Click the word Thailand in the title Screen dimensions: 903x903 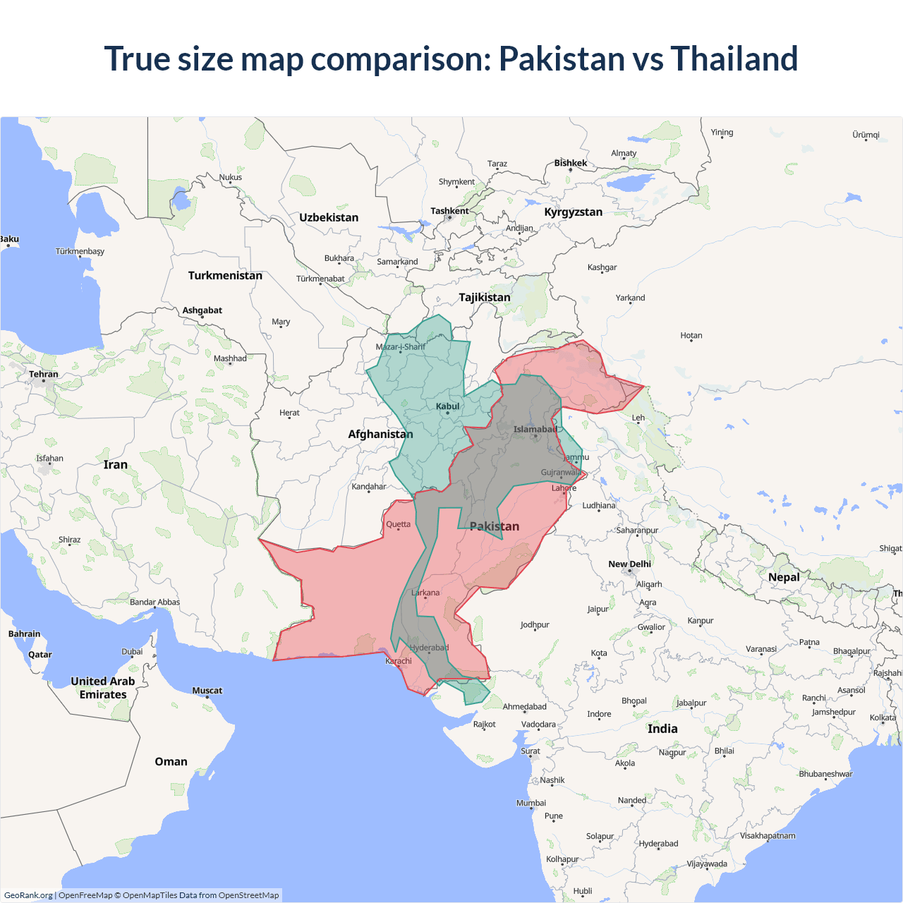tap(734, 59)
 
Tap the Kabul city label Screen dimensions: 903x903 tap(447, 406)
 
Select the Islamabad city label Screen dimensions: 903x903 tap(535, 429)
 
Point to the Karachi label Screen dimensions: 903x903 tap(399, 661)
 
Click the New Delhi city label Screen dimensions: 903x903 tap(629, 564)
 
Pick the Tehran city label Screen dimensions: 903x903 tap(44, 374)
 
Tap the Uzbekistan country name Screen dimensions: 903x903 tap(329, 217)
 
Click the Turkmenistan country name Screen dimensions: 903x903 tap(225, 275)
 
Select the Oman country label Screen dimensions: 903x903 tap(171, 761)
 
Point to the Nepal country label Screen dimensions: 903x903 tap(784, 577)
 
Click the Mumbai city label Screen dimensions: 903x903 tap(531, 803)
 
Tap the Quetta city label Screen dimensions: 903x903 tap(398, 524)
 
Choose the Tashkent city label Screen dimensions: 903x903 tap(449, 211)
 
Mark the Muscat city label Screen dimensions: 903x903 tap(207, 691)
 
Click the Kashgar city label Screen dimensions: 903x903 tap(602, 267)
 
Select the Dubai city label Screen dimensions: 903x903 tap(132, 651)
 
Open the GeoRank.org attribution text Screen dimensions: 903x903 tap(28, 895)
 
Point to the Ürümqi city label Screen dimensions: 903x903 tap(866, 135)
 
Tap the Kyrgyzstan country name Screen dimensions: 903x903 tap(573, 212)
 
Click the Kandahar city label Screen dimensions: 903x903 tap(369, 487)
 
